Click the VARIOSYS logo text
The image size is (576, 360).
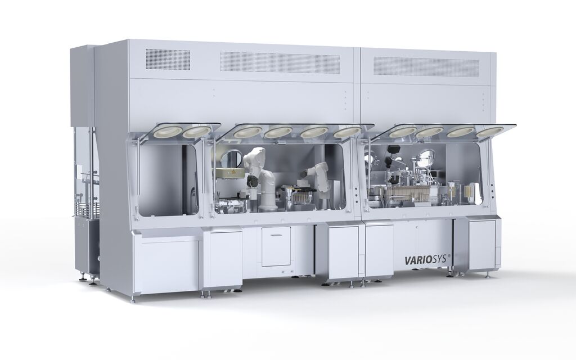425,260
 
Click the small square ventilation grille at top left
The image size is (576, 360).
168,60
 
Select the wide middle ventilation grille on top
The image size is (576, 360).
280,62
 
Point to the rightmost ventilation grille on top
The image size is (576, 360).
426,66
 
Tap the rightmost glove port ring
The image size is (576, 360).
490,131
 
